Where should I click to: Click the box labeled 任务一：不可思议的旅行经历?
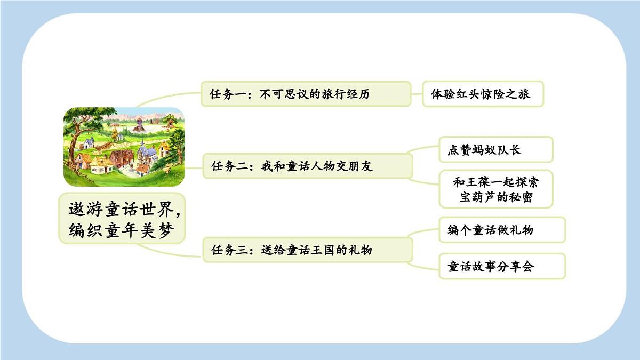pos(305,94)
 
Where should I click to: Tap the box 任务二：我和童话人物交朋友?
pos(307,166)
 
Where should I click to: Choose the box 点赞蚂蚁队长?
pos(495,150)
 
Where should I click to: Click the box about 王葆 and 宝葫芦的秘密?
pos(495,189)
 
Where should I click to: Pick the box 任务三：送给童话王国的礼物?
pos(307,249)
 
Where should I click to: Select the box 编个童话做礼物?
pos(501,230)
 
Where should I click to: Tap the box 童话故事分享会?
pos(501,266)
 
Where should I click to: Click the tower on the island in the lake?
pos(139,124)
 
